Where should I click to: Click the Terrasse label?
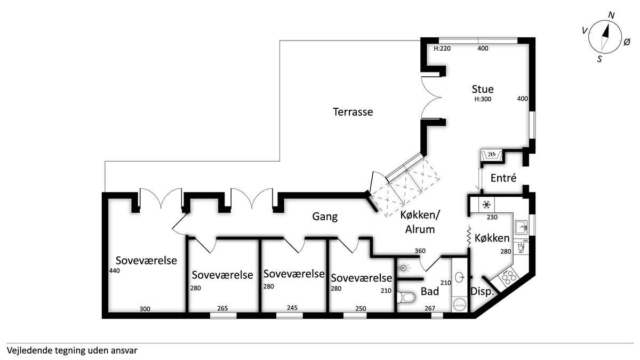tap(353, 111)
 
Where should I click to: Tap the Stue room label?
tap(483, 89)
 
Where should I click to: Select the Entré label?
tap(503, 178)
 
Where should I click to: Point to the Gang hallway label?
tap(325, 217)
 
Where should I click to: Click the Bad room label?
tap(430, 291)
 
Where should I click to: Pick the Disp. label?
tap(482, 292)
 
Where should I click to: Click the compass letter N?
tap(611, 15)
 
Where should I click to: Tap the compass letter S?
tap(599, 59)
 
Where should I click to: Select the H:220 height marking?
tap(442, 49)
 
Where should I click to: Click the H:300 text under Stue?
tap(483, 99)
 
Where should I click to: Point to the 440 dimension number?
tap(114, 270)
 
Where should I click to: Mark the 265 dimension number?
tap(222, 308)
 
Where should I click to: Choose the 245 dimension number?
tap(292, 308)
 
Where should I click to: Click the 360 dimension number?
tap(420, 251)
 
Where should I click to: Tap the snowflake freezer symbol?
tap(486, 205)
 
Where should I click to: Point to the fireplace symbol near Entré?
tap(491, 156)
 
